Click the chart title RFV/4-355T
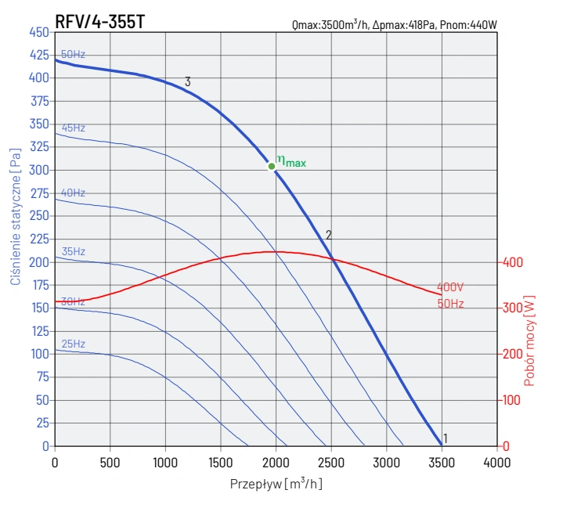click(x=99, y=21)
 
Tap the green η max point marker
click(x=272, y=166)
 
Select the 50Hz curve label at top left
click(x=73, y=54)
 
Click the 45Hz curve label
click(x=74, y=128)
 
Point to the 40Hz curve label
click(x=74, y=193)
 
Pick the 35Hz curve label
click(x=74, y=251)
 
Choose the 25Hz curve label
click(x=74, y=344)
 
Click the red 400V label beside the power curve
click(x=450, y=287)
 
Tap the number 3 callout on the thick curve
click(x=188, y=81)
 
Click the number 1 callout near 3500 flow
click(x=446, y=438)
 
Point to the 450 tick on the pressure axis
click(x=38, y=32)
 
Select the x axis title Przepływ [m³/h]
click(x=276, y=484)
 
